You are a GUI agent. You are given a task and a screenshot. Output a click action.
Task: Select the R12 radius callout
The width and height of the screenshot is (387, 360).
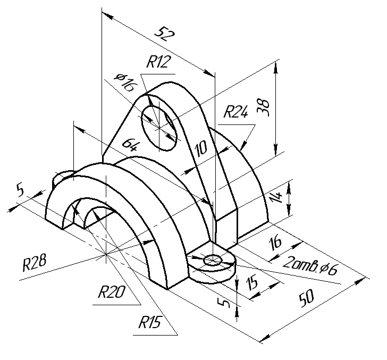[x=158, y=62]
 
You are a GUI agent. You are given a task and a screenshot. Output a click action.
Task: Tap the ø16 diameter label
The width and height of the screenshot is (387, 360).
[x=125, y=82]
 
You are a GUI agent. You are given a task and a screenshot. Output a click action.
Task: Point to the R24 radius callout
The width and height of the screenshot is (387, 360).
[x=235, y=112]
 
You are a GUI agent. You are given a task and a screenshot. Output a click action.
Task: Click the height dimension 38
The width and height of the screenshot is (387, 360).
[x=263, y=107]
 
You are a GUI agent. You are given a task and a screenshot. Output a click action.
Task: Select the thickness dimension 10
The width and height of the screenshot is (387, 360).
[x=201, y=148]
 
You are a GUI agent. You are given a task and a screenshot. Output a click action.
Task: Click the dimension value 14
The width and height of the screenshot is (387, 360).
[x=276, y=197]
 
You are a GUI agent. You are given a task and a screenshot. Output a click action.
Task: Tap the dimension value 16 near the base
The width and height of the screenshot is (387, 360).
[x=275, y=242]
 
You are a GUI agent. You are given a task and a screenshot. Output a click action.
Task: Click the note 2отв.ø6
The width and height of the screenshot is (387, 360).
[x=310, y=265]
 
